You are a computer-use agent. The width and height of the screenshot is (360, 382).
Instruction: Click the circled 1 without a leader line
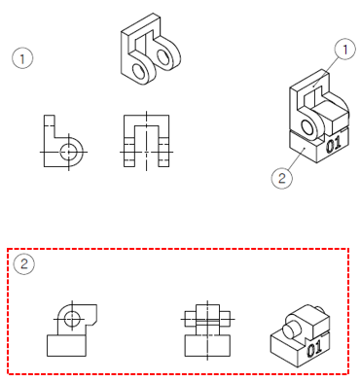click(22, 58)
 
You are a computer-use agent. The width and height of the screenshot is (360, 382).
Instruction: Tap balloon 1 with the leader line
click(344, 50)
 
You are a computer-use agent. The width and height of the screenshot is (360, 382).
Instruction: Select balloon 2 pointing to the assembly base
click(282, 178)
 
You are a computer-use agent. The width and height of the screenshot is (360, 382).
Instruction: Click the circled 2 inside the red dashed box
click(24, 264)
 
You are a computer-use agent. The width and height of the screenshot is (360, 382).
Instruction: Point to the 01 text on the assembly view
click(334, 144)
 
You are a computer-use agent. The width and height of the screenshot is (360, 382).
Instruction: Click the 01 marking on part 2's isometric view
click(313, 348)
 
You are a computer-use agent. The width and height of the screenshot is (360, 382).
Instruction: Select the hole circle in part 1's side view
click(69, 152)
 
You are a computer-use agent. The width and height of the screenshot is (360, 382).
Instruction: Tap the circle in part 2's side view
click(72, 319)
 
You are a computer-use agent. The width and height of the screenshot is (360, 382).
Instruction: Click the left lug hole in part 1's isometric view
click(139, 71)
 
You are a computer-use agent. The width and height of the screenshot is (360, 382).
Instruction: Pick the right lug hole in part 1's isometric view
click(163, 55)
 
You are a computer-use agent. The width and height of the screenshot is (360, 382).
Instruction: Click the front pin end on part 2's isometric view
click(292, 330)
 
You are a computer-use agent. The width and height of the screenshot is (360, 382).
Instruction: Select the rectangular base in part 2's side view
click(66, 345)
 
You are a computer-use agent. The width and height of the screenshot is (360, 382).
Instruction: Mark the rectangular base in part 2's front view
click(207, 345)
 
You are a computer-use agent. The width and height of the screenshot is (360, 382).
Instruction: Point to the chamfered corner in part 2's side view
click(93, 322)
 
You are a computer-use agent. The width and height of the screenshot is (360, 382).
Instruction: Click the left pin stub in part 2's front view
click(191, 319)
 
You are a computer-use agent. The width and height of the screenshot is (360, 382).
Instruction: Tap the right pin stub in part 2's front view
click(225, 319)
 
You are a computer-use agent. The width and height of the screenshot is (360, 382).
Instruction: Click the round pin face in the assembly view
click(306, 127)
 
